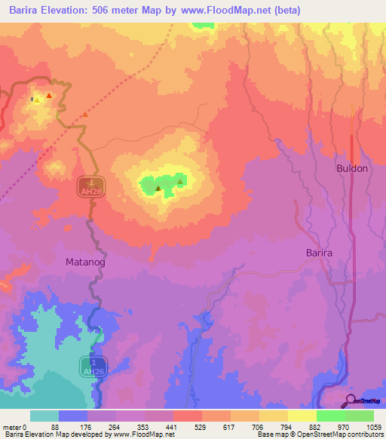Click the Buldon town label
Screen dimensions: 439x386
click(x=352, y=168)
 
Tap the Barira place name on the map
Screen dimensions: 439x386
click(x=319, y=253)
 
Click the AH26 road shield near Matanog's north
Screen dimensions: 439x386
click(x=90, y=188)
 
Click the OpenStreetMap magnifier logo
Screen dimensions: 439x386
click(x=350, y=401)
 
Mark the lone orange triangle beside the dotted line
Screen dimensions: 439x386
click(x=85, y=115)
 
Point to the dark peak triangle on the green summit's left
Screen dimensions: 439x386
click(x=157, y=188)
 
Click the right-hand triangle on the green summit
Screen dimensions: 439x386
click(x=181, y=180)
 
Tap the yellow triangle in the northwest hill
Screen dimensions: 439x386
click(x=36, y=99)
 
